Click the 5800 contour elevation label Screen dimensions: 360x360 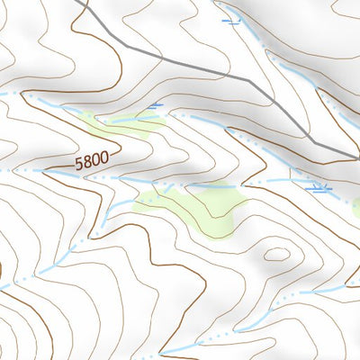pyautogui.click(x=92, y=161)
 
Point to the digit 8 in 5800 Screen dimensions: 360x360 pyautogui.click(x=87, y=162)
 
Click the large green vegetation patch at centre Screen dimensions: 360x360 pyautogui.click(x=202, y=209)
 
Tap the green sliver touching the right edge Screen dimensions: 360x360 pyautogui.click(x=355, y=208)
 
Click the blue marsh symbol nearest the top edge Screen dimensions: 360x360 pyautogui.click(x=233, y=18)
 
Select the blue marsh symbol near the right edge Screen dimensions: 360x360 pyautogui.click(x=320, y=189)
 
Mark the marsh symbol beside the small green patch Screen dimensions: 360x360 pyautogui.click(x=156, y=107)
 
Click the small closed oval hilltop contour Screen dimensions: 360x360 pyautogui.click(x=277, y=254)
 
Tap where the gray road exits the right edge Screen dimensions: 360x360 pyautogui.click(x=357, y=157)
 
